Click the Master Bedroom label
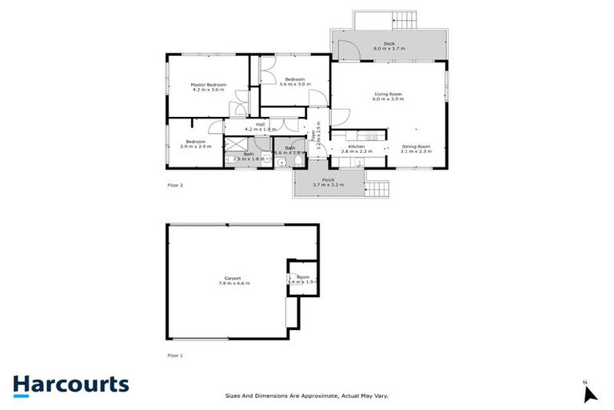pos(209,85)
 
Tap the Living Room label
pos(389,94)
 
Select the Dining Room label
pos(416,146)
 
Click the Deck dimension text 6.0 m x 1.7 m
pos(389,49)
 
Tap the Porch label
pos(328,179)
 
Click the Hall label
pos(260,124)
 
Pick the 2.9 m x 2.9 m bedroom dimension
pos(193,147)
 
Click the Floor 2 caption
pos(175,185)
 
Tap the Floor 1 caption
pos(175,354)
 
